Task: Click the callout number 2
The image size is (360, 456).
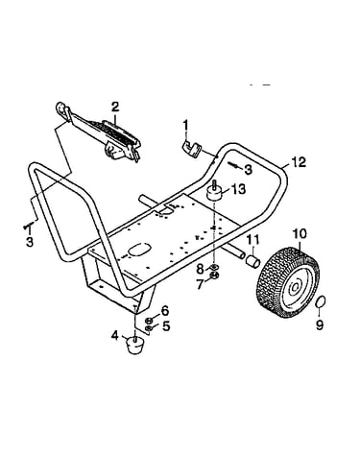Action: [115, 107]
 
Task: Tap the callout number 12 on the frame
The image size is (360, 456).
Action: [299, 162]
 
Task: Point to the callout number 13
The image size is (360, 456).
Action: [238, 189]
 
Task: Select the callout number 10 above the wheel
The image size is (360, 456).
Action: [300, 233]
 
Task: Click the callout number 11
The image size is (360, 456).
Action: [253, 239]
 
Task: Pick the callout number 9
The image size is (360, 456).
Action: [320, 324]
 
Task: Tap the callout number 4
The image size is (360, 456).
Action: [114, 336]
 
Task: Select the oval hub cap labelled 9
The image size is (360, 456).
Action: [321, 301]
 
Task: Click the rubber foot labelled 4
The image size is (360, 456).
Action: [135, 345]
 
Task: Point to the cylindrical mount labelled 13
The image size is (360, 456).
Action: [214, 191]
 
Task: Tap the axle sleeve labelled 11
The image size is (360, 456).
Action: [252, 259]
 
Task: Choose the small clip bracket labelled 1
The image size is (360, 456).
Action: [191, 149]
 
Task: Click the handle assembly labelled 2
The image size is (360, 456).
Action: [99, 132]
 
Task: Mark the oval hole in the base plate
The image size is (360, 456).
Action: [139, 250]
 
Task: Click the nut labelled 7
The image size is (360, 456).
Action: [214, 275]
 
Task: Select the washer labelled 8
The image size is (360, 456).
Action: [214, 267]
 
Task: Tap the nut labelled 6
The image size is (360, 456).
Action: [149, 321]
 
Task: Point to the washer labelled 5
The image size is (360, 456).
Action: [149, 328]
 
